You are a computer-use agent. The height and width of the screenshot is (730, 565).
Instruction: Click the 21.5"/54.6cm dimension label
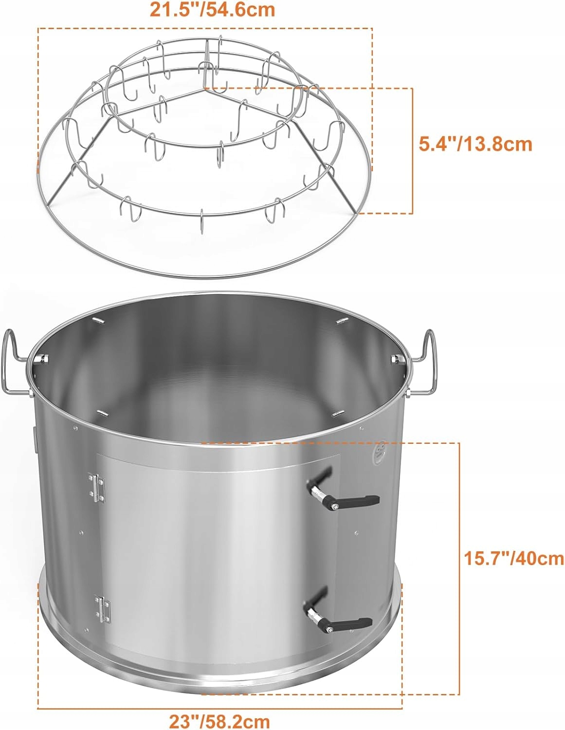pos(212,10)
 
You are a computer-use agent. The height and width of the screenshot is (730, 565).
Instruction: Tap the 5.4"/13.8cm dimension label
pos(475,144)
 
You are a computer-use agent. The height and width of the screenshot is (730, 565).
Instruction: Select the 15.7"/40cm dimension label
pos(513,558)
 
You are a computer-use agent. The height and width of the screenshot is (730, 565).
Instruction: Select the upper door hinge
pos(96,488)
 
